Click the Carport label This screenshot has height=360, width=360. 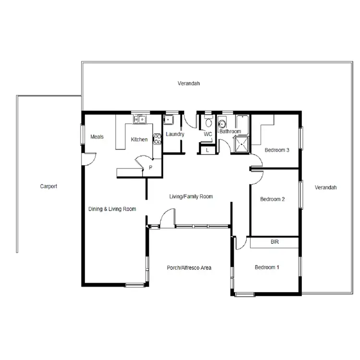tap(48, 186)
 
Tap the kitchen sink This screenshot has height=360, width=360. tap(140, 119)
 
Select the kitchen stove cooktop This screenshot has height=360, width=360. tap(156, 139)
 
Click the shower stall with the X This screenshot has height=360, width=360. tap(241, 144)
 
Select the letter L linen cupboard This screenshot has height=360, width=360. tap(207, 150)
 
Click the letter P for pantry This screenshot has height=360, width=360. tap(150, 168)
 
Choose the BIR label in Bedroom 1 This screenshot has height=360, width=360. tap(275, 242)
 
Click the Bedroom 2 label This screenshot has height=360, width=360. tap(273, 199)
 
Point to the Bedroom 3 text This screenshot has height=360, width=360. tap(277, 150)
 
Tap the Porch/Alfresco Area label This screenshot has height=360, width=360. tap(189, 268)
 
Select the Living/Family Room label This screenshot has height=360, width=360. tap(191, 196)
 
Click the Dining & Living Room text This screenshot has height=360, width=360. tap(112, 209)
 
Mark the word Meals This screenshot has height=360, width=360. tap(97, 137)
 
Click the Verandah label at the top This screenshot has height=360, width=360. tap(189, 84)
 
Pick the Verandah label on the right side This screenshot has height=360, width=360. tap(325, 187)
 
